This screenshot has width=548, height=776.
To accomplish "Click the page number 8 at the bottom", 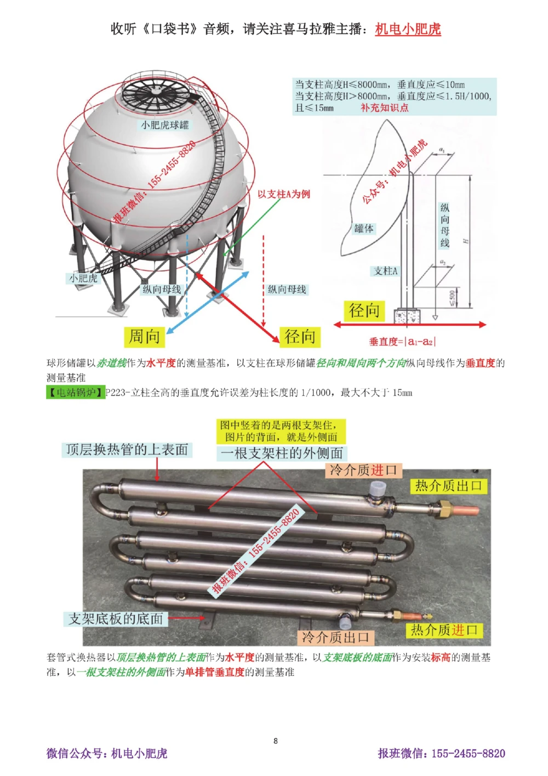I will pyautogui.click(x=275, y=741).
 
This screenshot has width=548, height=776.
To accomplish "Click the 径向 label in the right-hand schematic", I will pyautogui.click(x=364, y=310).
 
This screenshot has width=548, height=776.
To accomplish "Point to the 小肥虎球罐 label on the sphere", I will pyautogui.click(x=164, y=125).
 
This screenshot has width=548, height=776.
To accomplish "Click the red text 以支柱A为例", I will pyautogui.click(x=283, y=194).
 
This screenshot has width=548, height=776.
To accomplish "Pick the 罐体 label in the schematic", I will pyautogui.click(x=364, y=228).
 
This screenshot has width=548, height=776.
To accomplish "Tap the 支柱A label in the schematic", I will pyautogui.click(x=386, y=271).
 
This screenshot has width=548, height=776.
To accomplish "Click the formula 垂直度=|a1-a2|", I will pyautogui.click(x=402, y=342).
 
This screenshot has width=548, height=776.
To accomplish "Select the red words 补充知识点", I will pyautogui.click(x=384, y=107).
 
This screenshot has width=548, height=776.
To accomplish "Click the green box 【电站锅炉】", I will pyautogui.click(x=75, y=392).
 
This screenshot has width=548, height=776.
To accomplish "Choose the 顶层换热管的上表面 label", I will pyautogui.click(x=127, y=450).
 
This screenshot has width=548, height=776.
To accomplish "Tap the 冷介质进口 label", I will pyautogui.click(x=363, y=470).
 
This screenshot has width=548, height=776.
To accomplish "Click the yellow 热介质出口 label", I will pyautogui.click(x=448, y=485).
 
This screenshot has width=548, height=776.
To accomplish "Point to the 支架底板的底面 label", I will pyautogui.click(x=116, y=619).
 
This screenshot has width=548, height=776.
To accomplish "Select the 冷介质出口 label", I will pyautogui.click(x=336, y=637).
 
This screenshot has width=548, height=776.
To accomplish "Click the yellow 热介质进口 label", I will pyautogui.click(x=444, y=630).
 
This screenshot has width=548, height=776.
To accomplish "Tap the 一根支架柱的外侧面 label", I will pyautogui.click(x=282, y=453).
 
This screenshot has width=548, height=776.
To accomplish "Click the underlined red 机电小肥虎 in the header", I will pyautogui.click(x=408, y=29).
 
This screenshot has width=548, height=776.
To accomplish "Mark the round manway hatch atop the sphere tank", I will pyautogui.click(x=156, y=90).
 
